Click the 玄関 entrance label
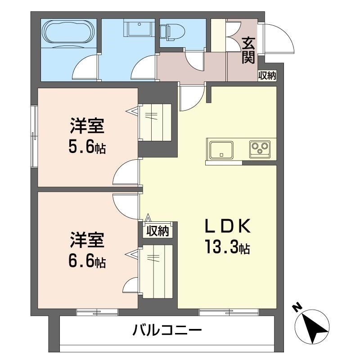[248, 50]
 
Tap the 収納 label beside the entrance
[267, 76]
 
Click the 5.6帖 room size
[87, 148]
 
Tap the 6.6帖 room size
[87, 261]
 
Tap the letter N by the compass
[297, 308]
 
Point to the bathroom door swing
[85, 67]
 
